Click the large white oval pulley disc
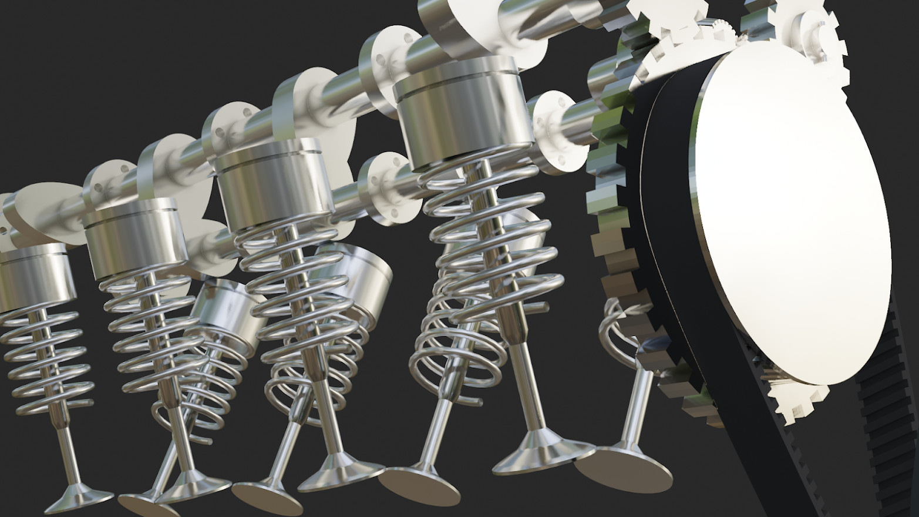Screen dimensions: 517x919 pyautogui.click(x=787, y=223)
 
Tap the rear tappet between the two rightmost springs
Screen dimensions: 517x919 pyautogui.click(x=358, y=282)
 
